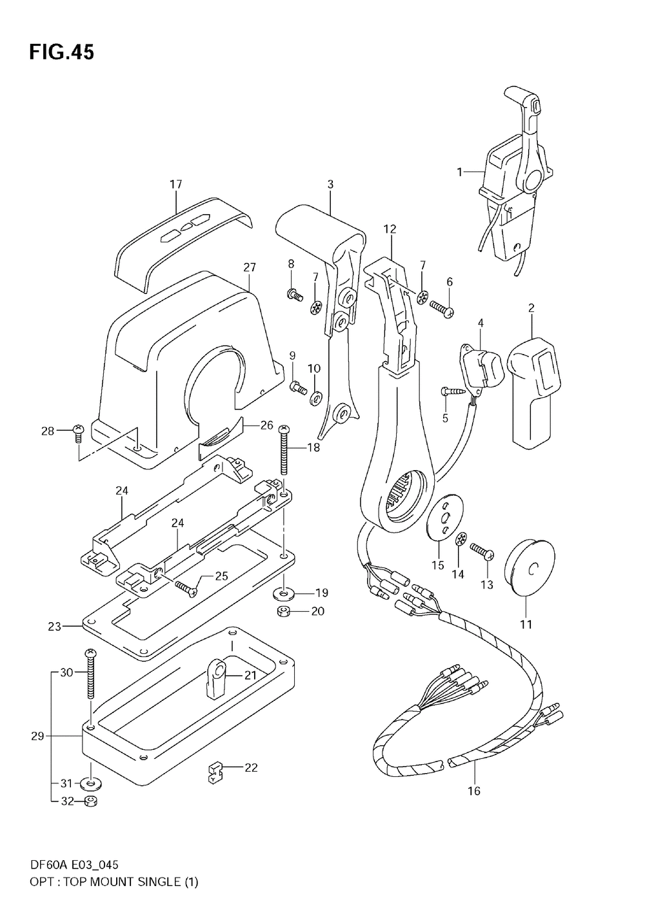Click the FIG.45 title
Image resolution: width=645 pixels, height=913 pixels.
[61, 52]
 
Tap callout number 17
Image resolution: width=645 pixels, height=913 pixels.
[176, 184]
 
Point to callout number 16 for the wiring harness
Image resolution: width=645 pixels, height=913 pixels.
[474, 790]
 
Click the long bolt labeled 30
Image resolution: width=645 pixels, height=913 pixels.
[90, 677]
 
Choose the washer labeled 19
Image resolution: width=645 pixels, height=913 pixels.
[283, 592]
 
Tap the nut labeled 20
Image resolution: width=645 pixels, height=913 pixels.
[283, 611]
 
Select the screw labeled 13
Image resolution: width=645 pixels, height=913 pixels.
[481, 551]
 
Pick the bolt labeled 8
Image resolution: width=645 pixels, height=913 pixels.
[294, 295]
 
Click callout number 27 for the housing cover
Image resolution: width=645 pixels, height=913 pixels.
[250, 267]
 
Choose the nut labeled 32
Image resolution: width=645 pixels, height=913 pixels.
[90, 801]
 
